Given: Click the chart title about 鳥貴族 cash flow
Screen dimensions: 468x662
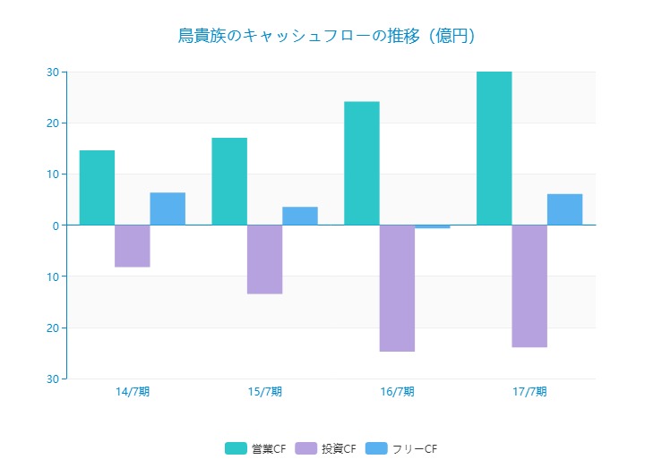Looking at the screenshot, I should pos(325,36).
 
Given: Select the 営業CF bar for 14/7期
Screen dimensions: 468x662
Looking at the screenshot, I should pos(97,188).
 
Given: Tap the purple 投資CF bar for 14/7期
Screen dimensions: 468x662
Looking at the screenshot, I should pos(133,246).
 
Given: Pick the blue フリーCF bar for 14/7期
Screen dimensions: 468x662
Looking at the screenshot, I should pos(168,208).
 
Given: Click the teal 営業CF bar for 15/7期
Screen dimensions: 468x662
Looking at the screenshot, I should pos(229,182).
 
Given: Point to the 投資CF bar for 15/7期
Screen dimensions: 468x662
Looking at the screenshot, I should pos(264,260).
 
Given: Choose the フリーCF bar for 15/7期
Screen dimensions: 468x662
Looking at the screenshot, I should pos(300,216).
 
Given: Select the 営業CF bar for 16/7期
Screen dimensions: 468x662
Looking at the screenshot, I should pos(362,164).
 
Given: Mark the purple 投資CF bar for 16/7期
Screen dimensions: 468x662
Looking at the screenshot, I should pos(397,288).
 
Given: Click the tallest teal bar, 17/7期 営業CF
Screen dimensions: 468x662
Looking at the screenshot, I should pos(494,149).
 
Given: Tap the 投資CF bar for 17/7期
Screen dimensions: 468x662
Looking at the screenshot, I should pos(529,285).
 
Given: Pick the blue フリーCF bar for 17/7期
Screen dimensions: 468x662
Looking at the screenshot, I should pos(564,209).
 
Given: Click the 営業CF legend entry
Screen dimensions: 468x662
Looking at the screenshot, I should pos(256,448).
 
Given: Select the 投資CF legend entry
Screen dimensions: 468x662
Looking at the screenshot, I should pos(327,448).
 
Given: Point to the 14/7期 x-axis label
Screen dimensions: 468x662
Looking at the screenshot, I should pos(133,392).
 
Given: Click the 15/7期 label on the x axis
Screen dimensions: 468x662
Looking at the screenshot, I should pos(264,392).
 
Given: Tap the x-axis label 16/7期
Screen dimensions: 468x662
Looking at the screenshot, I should pos(397,392).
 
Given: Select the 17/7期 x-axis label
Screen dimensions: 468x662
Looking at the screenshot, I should pos(529,392).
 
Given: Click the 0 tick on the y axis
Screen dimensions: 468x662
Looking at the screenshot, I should pos(55,225).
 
